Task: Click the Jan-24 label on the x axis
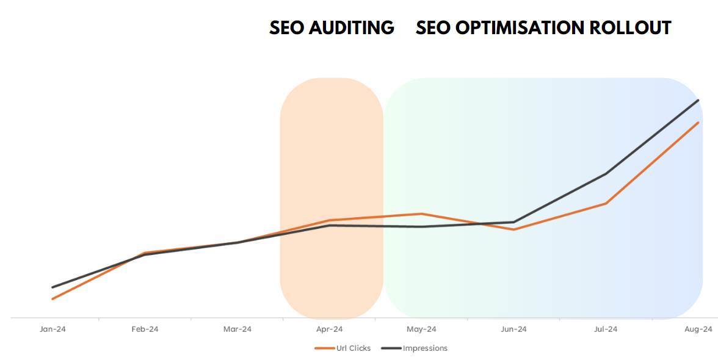click(x=53, y=329)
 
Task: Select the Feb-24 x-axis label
click(x=145, y=329)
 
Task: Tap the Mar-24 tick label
click(x=237, y=329)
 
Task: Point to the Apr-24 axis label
click(x=329, y=329)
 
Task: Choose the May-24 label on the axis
click(x=421, y=329)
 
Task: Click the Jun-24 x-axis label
click(x=513, y=329)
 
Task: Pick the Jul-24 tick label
click(x=605, y=329)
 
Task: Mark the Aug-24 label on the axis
click(x=698, y=329)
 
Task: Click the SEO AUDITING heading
click(x=332, y=28)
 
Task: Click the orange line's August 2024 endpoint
click(x=698, y=123)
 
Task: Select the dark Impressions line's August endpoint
click(x=698, y=100)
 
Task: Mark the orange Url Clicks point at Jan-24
click(x=53, y=299)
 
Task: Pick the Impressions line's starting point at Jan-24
click(x=53, y=287)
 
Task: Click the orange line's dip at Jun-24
click(x=514, y=229)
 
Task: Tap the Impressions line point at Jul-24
click(x=606, y=174)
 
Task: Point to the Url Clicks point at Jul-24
click(x=606, y=203)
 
